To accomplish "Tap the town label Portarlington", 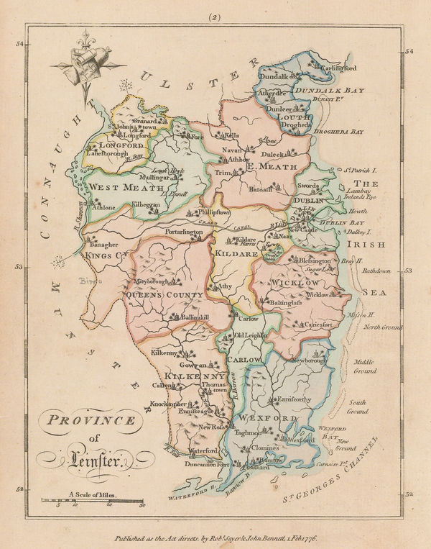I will coord(185,233).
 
